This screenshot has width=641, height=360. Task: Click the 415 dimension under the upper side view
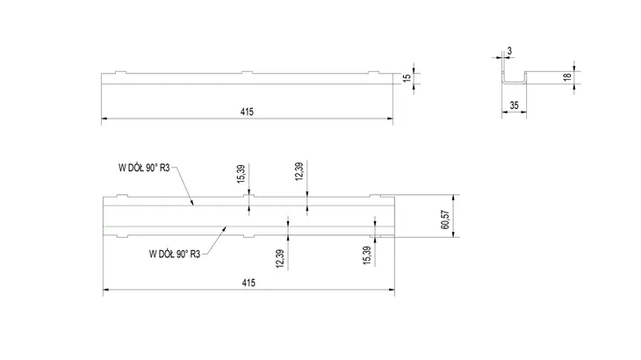tap(247, 112)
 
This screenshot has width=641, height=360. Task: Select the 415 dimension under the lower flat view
tap(248, 283)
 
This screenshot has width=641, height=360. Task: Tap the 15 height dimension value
tap(407, 78)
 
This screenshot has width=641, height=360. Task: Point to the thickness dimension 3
tap(509, 51)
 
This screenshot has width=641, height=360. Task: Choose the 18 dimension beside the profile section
tap(567, 76)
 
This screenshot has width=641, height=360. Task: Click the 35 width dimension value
tap(514, 105)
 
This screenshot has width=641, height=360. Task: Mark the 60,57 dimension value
tap(445, 220)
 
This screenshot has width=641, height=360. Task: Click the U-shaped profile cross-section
tap(515, 83)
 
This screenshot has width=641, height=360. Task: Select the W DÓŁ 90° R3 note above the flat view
tap(144, 168)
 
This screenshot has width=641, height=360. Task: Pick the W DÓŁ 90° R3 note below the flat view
tap(175, 254)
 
